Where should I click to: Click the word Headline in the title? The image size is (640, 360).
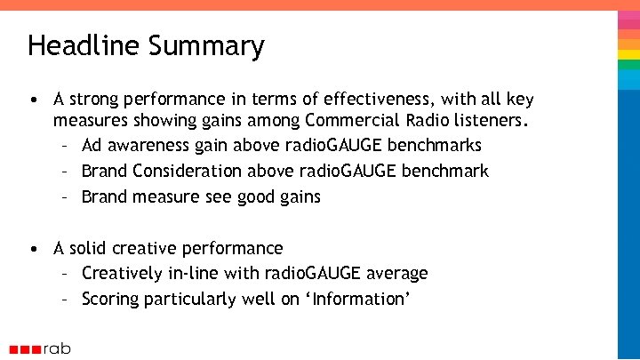click(78, 45)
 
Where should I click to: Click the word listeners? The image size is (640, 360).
click(495, 119)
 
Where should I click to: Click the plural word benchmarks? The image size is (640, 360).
click(437, 145)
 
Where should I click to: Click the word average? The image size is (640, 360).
click(394, 274)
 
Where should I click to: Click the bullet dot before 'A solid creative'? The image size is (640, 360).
click(33, 248)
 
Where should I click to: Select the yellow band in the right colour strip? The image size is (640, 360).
click(628, 54)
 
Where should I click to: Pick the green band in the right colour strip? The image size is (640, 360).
click(628, 41)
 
